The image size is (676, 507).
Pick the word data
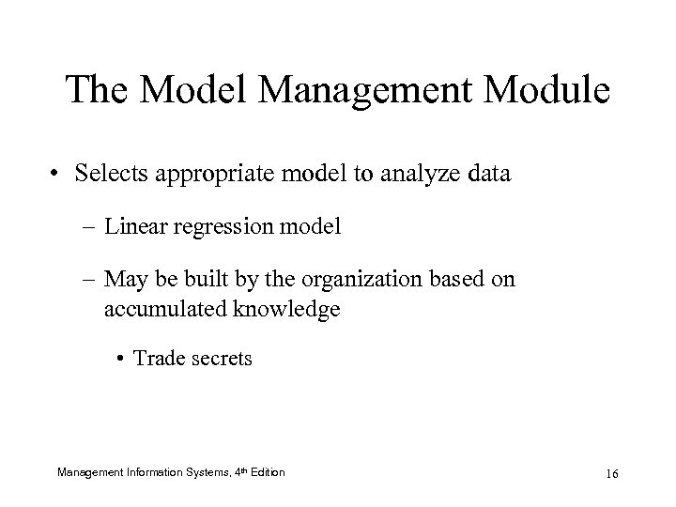pyautogui.click(x=488, y=175)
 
